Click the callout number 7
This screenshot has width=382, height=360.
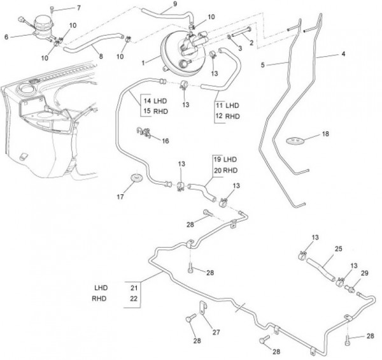pyautogui.click(x=79, y=8)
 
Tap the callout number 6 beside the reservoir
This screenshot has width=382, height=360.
pyautogui.click(x=7, y=38)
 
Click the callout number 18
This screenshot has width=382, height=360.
pyautogui.click(x=325, y=135)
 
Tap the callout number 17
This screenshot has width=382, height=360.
pyautogui.click(x=119, y=197)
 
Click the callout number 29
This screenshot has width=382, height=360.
pyautogui.click(x=365, y=273)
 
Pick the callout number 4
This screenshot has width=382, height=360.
pyautogui.click(x=343, y=55)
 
